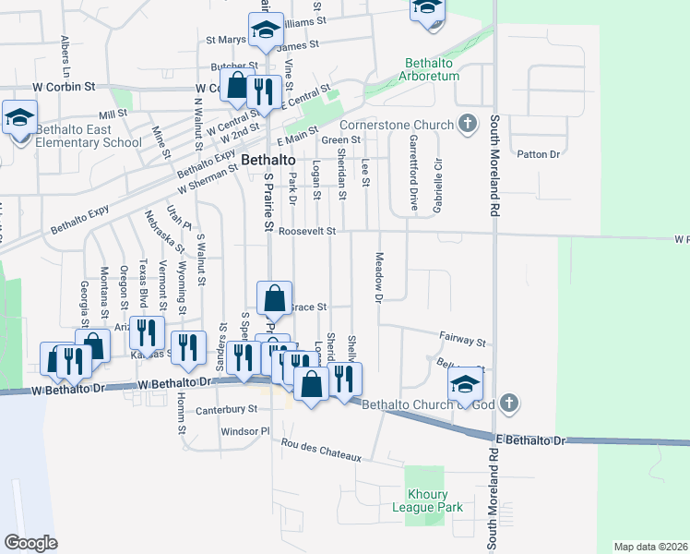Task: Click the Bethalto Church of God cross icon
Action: pos(511,404)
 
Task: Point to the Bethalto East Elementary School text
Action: pos(89,137)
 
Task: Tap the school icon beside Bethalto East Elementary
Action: pos(18,118)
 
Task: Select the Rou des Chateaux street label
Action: pos(322,452)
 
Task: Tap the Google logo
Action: pos(30,543)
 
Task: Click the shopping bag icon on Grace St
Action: pos(274,299)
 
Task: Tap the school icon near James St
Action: pos(266,30)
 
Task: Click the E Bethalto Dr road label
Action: pos(529,441)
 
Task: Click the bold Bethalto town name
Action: pos(268,160)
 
